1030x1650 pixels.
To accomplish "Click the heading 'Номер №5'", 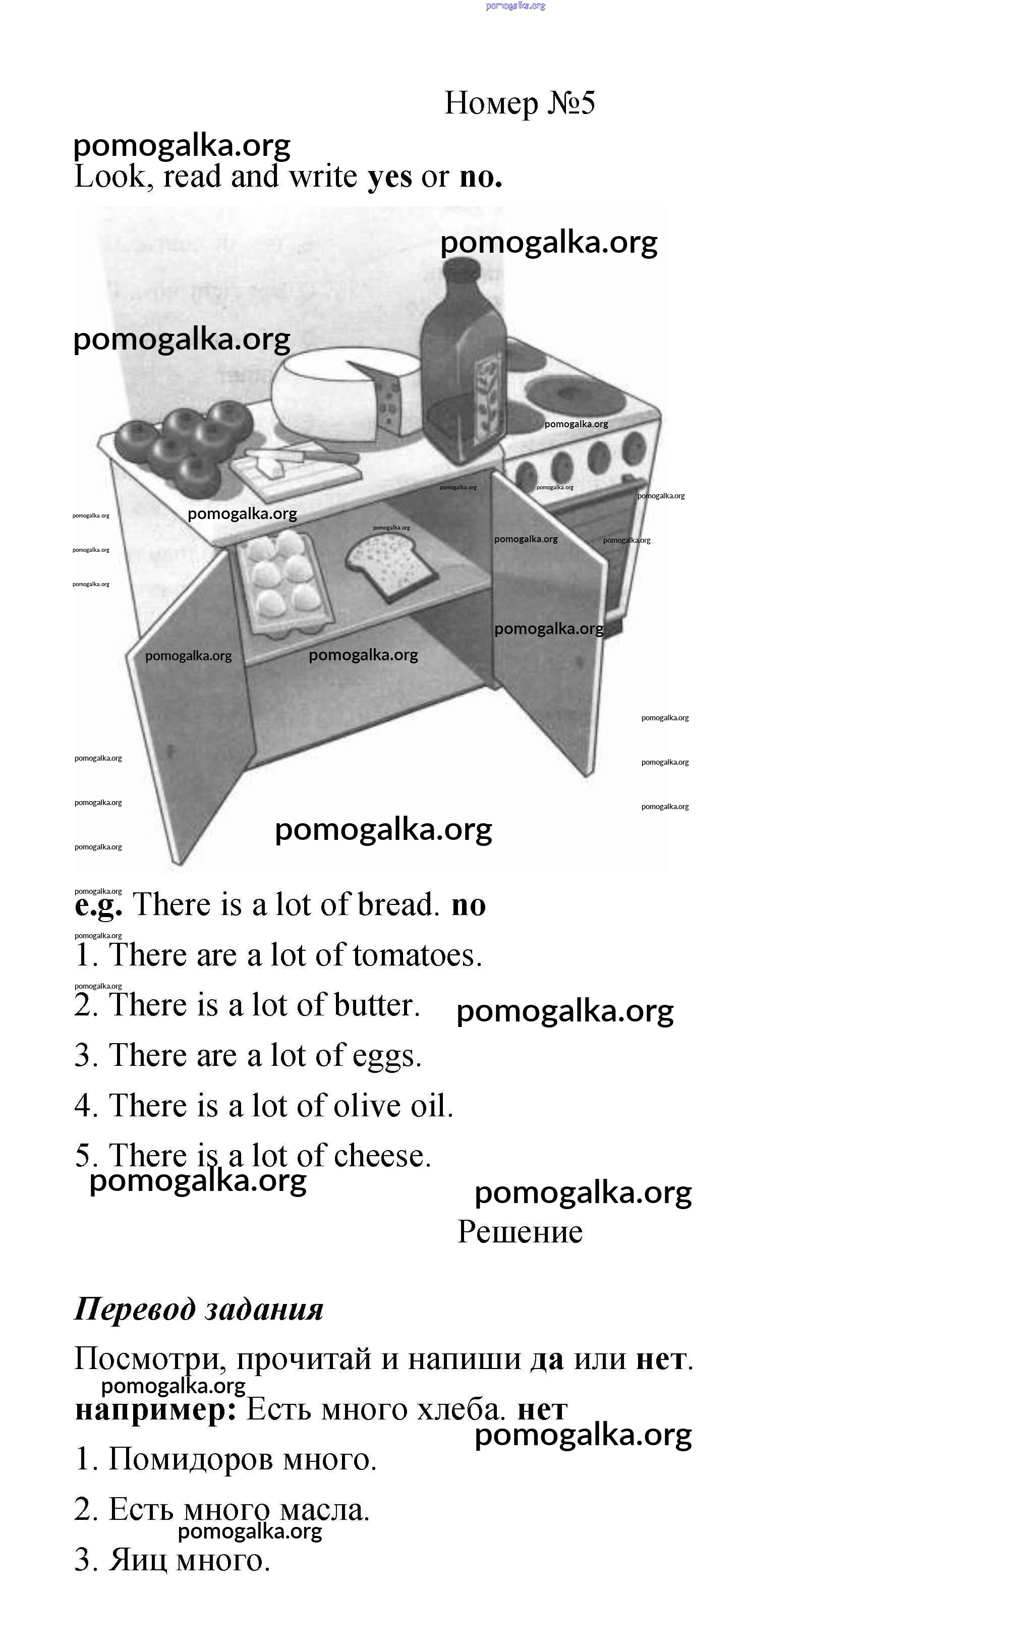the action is [520, 103].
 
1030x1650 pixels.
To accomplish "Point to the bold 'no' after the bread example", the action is [469, 905].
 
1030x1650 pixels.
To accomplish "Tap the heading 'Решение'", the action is [520, 1232].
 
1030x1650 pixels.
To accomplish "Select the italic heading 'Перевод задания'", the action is [198, 1310].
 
